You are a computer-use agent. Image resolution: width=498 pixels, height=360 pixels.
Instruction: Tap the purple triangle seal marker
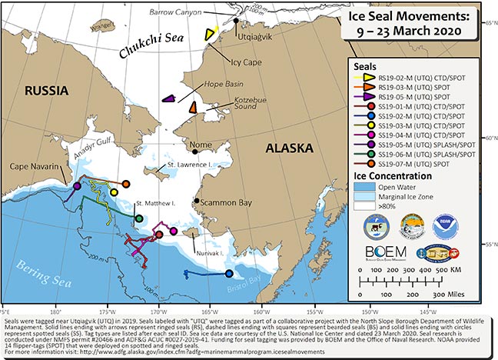pos(169,98)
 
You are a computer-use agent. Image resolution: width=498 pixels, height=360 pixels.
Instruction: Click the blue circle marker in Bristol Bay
pos(229,272)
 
